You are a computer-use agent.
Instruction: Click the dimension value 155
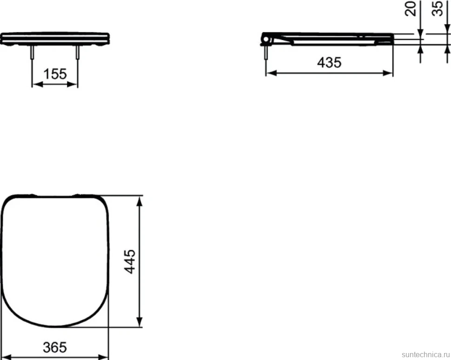[55, 74]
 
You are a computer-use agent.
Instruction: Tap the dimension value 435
[329, 62]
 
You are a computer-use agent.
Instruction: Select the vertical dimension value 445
[130, 261]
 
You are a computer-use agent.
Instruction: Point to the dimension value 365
[55, 347]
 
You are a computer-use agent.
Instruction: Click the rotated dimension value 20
[411, 9]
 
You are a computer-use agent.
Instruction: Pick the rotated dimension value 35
[438, 9]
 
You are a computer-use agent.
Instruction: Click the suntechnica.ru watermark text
[425, 354]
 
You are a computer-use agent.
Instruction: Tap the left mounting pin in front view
[32, 52]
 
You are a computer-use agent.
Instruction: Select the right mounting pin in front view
[77, 52]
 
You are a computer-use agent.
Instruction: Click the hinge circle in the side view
[266, 39]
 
